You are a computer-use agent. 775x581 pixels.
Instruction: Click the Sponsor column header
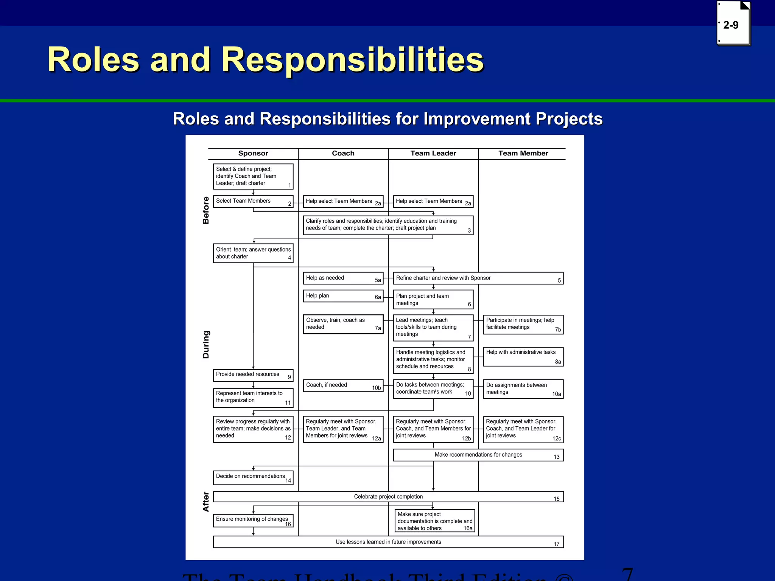[253, 153]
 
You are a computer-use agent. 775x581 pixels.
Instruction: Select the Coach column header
[343, 153]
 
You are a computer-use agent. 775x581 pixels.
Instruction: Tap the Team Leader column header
[433, 153]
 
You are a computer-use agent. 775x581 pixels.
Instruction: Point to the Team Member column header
[523, 153]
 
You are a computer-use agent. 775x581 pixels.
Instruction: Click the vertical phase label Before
[206, 210]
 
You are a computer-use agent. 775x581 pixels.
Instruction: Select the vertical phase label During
[206, 344]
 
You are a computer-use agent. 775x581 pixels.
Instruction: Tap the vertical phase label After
[206, 502]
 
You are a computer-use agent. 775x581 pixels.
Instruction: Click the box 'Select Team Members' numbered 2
[253, 201]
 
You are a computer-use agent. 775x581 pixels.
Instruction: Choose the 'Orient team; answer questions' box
[253, 253]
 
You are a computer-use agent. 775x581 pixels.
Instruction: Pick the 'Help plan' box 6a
[343, 296]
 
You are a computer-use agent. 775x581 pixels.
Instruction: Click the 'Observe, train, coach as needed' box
[343, 324]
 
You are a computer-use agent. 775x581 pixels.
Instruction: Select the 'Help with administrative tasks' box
[523, 357]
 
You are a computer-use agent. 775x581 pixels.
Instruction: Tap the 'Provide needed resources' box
[253, 375]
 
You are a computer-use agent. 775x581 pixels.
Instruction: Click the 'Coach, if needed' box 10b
[343, 385]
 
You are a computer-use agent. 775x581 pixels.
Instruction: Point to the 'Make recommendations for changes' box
[478, 455]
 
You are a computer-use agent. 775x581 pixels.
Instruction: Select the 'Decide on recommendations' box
[253, 477]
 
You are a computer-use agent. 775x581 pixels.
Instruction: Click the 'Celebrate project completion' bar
[388, 497]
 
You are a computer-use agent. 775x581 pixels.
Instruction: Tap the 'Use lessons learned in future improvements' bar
[388, 542]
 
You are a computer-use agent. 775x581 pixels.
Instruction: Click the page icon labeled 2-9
[733, 24]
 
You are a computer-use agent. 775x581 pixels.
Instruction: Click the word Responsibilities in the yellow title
[352, 59]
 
